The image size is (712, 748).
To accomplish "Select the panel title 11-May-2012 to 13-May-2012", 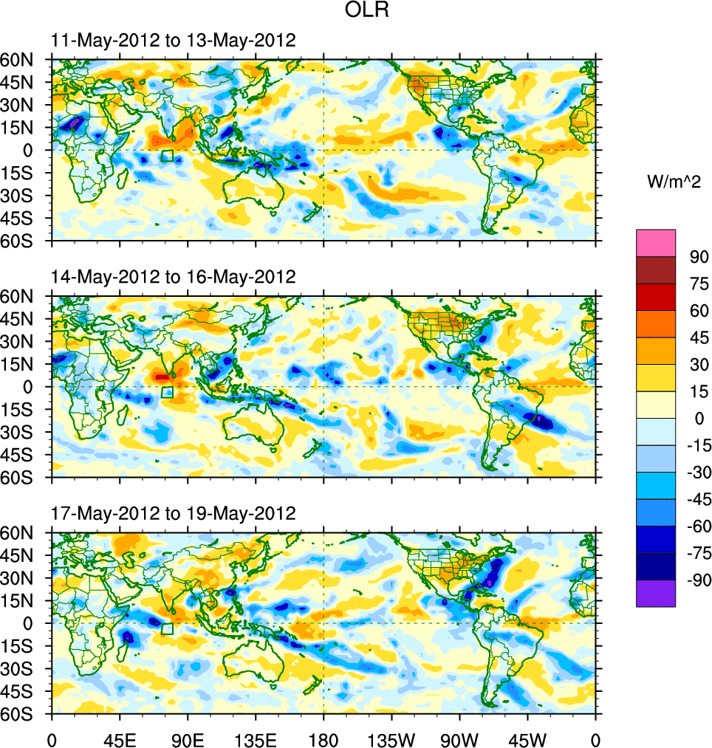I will click(174, 41).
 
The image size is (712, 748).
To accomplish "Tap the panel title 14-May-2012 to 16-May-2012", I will click(174, 277).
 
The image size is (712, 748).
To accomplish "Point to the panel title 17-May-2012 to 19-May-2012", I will click(174, 513).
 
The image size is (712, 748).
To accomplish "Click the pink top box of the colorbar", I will click(656, 243).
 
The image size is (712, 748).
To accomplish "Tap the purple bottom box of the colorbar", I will click(656, 593).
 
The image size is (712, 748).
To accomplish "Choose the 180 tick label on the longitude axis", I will click(324, 738).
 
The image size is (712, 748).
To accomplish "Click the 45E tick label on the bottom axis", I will click(120, 738).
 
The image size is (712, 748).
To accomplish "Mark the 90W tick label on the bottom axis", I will click(459, 738).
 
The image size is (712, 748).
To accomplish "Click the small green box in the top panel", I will click(167, 155).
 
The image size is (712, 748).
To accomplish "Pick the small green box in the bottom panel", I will click(167, 628).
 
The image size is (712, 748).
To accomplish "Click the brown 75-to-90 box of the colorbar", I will click(656, 270).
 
